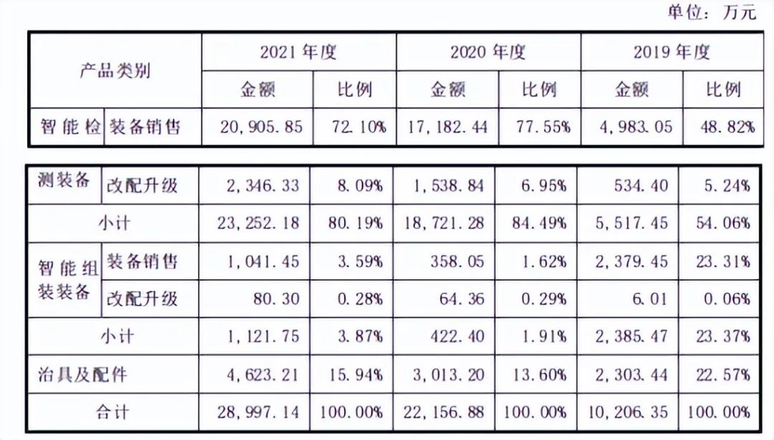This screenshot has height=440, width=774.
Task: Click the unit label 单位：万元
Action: pos(711,12)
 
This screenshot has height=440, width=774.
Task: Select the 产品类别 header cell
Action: pos(115,70)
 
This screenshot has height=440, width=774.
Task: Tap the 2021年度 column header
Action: pos(298,52)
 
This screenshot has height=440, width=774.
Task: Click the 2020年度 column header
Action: pos(488,52)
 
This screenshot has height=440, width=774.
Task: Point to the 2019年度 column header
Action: pos(672,52)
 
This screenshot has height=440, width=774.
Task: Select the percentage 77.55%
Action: pos(543,127)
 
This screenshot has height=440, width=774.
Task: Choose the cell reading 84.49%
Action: pos(543,223)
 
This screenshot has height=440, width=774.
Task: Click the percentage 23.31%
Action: pos(726,261)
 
